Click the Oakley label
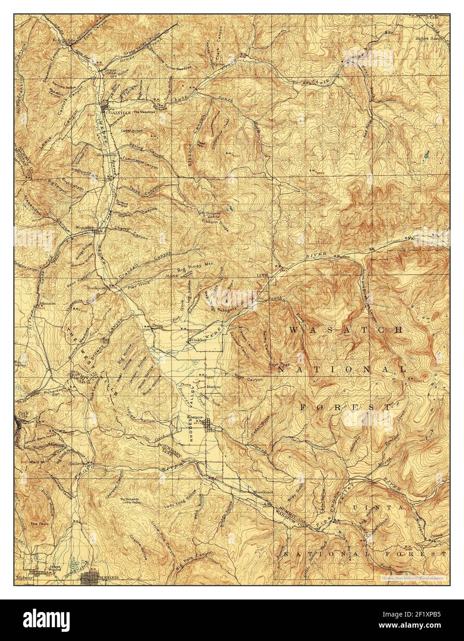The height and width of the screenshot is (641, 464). (x=199, y=340)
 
